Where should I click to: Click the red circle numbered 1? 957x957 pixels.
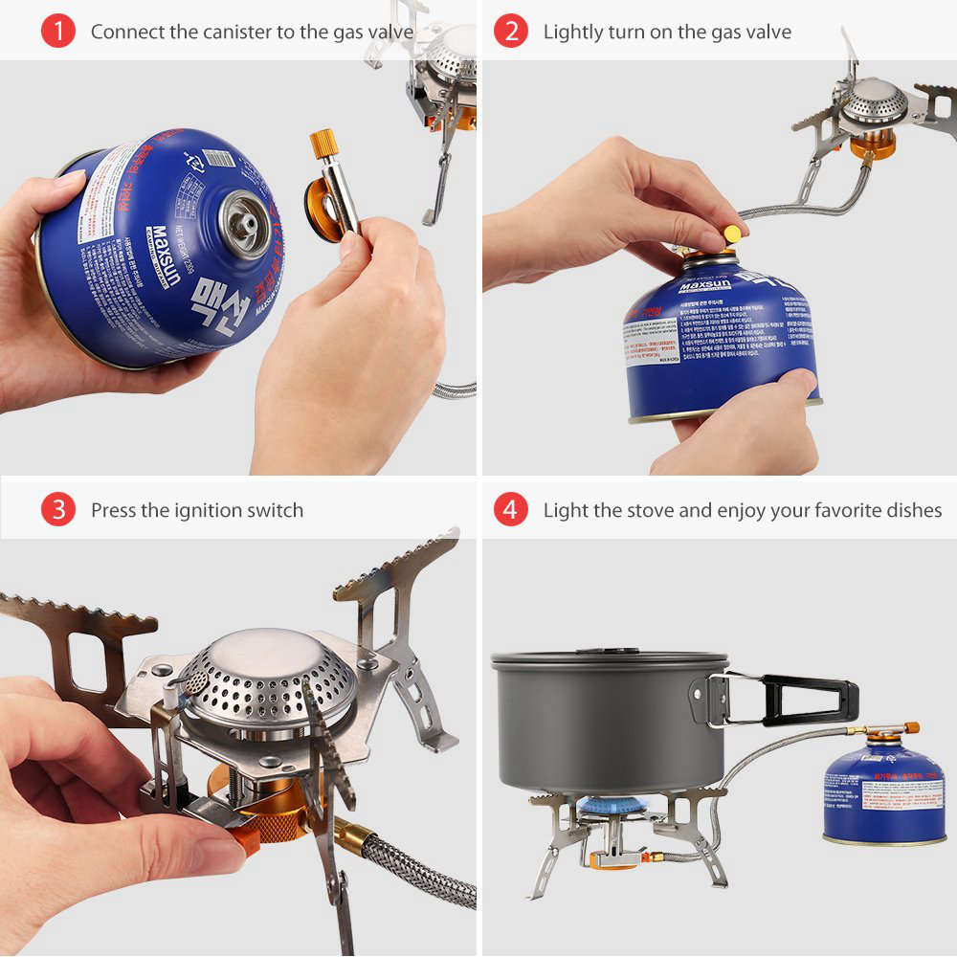pos(57,32)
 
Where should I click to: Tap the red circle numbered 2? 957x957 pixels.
pos(510,32)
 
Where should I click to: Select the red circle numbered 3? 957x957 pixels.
pos(57,510)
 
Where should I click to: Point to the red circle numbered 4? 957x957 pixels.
pos(510,510)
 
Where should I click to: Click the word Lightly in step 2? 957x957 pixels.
pos(573,32)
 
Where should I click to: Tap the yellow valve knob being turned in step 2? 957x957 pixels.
pos(733,233)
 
